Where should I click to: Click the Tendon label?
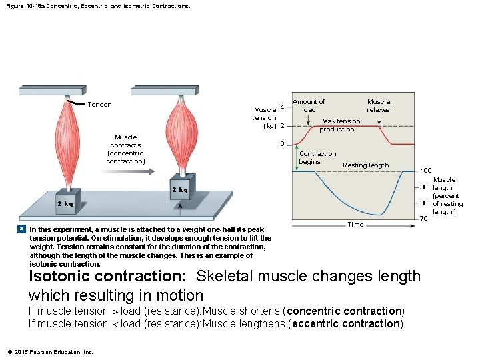[x=100, y=104]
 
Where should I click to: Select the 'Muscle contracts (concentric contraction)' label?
[x=125, y=149]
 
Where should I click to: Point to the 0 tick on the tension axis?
[x=282, y=144]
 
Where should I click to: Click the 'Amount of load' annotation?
[x=309, y=106]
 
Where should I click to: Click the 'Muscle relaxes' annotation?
[x=378, y=106]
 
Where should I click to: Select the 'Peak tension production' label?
[x=339, y=125]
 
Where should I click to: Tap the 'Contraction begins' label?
[x=317, y=158]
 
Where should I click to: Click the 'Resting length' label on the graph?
[x=365, y=165]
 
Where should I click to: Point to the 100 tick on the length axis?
[x=425, y=171]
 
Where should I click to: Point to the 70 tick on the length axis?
[x=423, y=219]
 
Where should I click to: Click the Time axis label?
[x=355, y=225]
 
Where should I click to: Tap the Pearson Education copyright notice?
[x=51, y=352]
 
